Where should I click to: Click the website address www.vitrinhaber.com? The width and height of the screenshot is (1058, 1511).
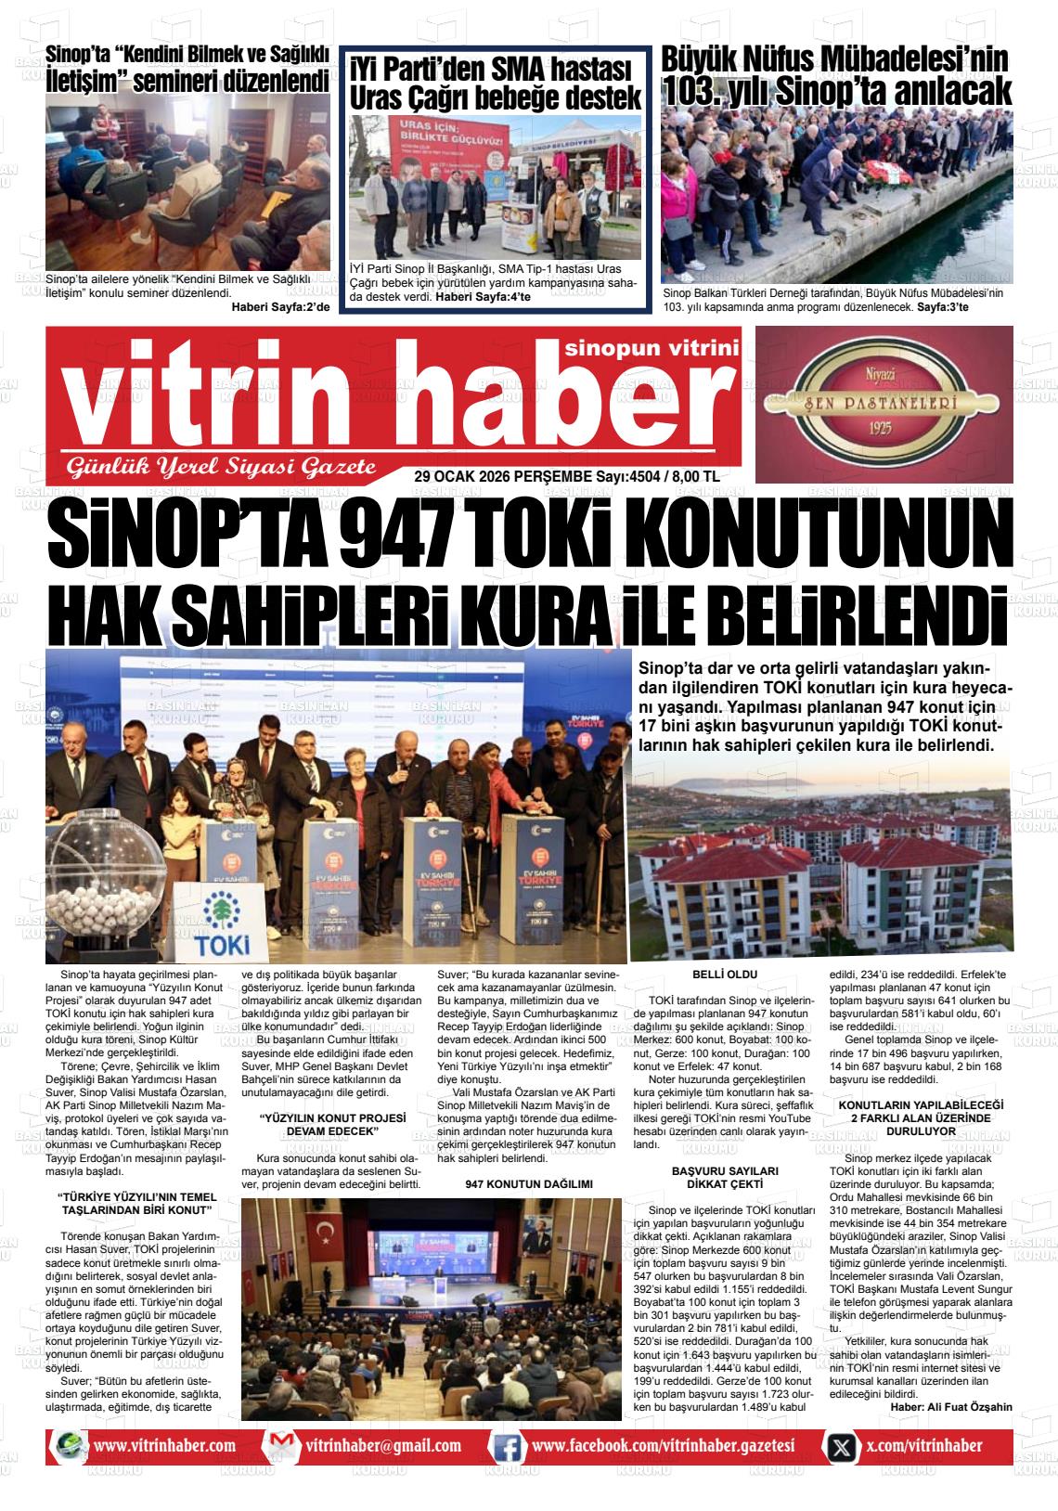[164, 1445]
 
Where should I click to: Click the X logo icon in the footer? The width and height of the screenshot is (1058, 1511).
[841, 1446]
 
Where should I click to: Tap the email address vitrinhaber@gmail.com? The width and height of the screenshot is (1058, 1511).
[382, 1445]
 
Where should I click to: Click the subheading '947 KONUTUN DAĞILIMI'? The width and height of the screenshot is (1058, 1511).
[528, 1184]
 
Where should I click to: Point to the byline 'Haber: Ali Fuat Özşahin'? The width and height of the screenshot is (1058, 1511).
[950, 1405]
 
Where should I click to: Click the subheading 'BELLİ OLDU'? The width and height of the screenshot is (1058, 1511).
[725, 974]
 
